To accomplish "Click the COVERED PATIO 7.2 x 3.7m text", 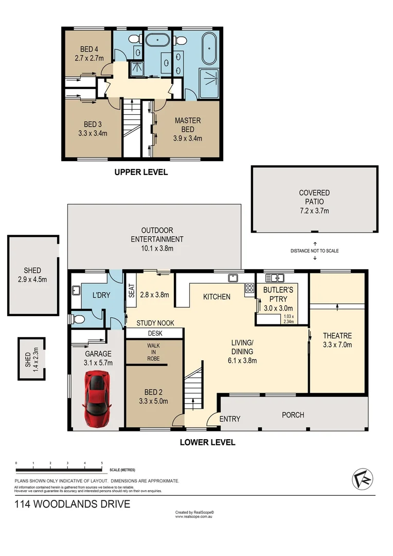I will coord(314,202).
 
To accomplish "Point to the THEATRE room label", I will coord(337,340).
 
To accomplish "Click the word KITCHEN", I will coord(217,297).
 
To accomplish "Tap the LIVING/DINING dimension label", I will coord(243,351).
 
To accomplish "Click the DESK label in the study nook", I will coord(155,333).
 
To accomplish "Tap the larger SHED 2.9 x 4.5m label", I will coord(32,275).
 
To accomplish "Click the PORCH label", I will coord(293,415).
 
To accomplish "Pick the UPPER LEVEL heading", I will coord(141,172).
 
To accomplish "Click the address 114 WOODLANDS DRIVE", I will coord(72,504).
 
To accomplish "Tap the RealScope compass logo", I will coord(363,479).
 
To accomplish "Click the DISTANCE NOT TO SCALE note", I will coord(314,251).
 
